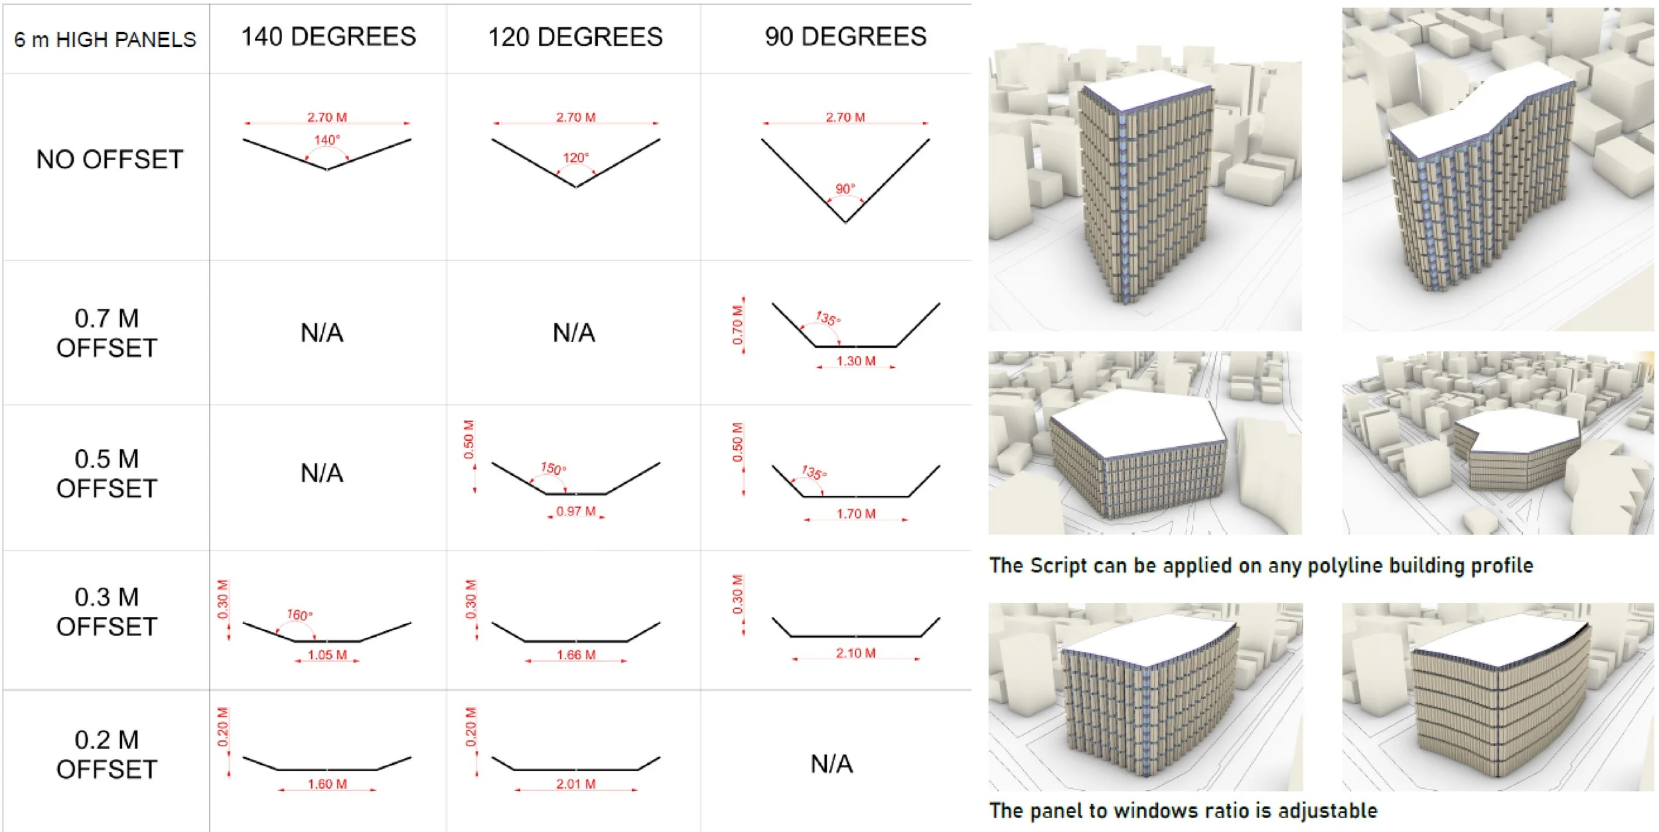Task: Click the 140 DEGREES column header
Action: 328,37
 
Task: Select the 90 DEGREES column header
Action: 845,37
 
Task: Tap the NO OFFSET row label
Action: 109,160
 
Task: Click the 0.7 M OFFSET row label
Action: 107,333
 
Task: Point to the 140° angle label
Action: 327,140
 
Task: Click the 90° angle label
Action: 845,189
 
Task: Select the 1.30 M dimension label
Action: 855,361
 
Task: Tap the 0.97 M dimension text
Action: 575,511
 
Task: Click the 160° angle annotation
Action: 299,615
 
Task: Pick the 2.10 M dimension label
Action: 855,653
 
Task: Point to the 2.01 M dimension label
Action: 575,784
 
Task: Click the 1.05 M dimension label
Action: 327,655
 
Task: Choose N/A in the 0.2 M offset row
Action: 831,764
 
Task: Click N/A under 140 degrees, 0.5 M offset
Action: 322,473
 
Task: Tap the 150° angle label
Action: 553,468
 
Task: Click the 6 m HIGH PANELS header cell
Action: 106,40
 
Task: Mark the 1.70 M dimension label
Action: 855,514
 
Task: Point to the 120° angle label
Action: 575,158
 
